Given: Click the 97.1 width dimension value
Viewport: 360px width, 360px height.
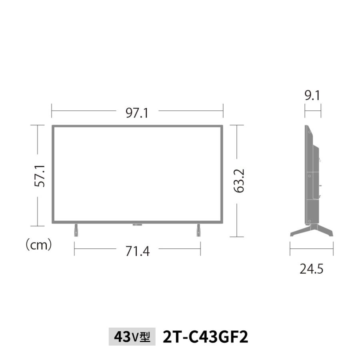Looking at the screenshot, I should (x=137, y=113).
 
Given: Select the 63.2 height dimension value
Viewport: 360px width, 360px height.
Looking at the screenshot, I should (x=239, y=180).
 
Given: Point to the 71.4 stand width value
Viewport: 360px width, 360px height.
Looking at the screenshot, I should (x=137, y=252).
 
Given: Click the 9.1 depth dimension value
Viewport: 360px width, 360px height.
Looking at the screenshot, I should (x=312, y=96).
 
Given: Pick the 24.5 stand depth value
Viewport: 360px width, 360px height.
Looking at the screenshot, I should (x=312, y=269).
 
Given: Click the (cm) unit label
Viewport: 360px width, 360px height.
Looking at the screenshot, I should (x=39, y=245).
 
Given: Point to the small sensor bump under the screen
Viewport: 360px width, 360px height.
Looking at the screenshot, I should (x=137, y=225).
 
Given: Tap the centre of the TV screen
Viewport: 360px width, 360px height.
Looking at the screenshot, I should (x=137, y=174).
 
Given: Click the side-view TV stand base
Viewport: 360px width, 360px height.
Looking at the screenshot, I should (x=312, y=231).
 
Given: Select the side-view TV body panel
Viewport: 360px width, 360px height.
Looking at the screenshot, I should (x=312, y=176).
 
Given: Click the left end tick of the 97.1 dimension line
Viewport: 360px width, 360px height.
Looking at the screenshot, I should (x=52, y=111).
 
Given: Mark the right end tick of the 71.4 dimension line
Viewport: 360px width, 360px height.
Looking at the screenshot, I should (x=200, y=249).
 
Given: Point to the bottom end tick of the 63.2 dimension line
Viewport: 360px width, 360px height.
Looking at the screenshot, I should (x=237, y=237).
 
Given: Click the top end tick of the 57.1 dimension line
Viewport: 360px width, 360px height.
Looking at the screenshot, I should (x=38, y=125).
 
